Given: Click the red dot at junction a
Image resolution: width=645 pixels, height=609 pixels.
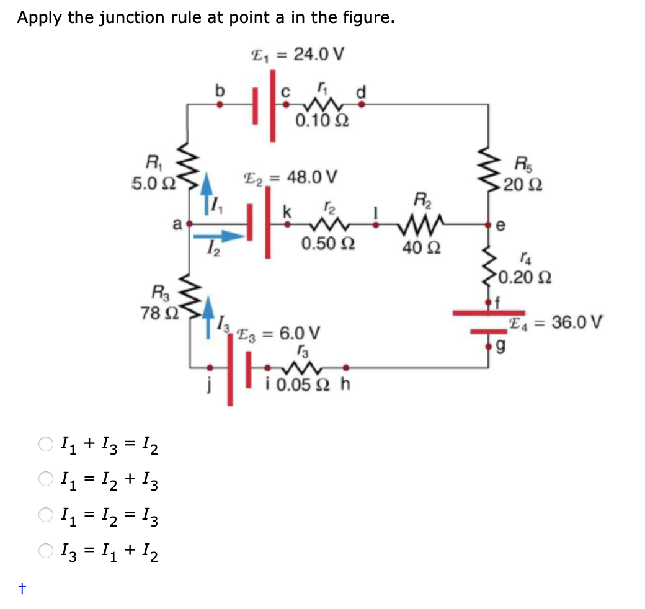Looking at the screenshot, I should coord(189,221).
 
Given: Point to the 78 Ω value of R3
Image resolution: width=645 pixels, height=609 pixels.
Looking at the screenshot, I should coord(153,313).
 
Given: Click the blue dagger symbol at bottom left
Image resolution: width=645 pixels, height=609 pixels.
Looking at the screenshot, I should coord(22,590).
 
